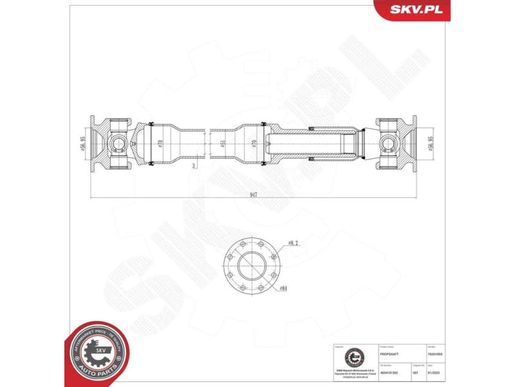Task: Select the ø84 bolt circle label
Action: click(x=283, y=288)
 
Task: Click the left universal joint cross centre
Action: click(x=118, y=143)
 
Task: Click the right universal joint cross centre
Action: click(x=391, y=143)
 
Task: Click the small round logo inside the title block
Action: click(x=353, y=357)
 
